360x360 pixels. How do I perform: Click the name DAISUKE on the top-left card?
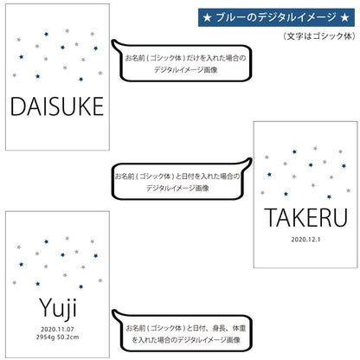tap(57, 106)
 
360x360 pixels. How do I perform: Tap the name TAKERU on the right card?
tap(305, 217)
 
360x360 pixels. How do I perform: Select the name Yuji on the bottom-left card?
tap(58, 309)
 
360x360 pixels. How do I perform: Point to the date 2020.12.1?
tap(305, 240)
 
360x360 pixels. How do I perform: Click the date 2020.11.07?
tap(57, 329)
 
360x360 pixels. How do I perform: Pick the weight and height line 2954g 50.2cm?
tap(57, 337)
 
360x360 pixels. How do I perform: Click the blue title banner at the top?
tap(276, 17)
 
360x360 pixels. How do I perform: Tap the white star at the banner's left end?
tap(207, 18)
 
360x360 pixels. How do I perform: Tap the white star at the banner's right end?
tap(344, 18)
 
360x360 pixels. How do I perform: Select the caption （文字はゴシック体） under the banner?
tap(318, 36)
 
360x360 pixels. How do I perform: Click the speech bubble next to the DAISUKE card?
tap(182, 61)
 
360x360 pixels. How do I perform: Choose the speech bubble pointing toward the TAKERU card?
tap(182, 180)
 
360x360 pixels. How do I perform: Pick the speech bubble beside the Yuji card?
tap(183, 331)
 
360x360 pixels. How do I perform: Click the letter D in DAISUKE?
tap(17, 106)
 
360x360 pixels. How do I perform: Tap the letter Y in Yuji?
tap(46, 307)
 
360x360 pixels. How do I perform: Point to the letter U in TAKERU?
tap(341, 218)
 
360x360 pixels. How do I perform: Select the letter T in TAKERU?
tap(270, 217)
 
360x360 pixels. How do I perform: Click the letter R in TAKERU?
tap(326, 217)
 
